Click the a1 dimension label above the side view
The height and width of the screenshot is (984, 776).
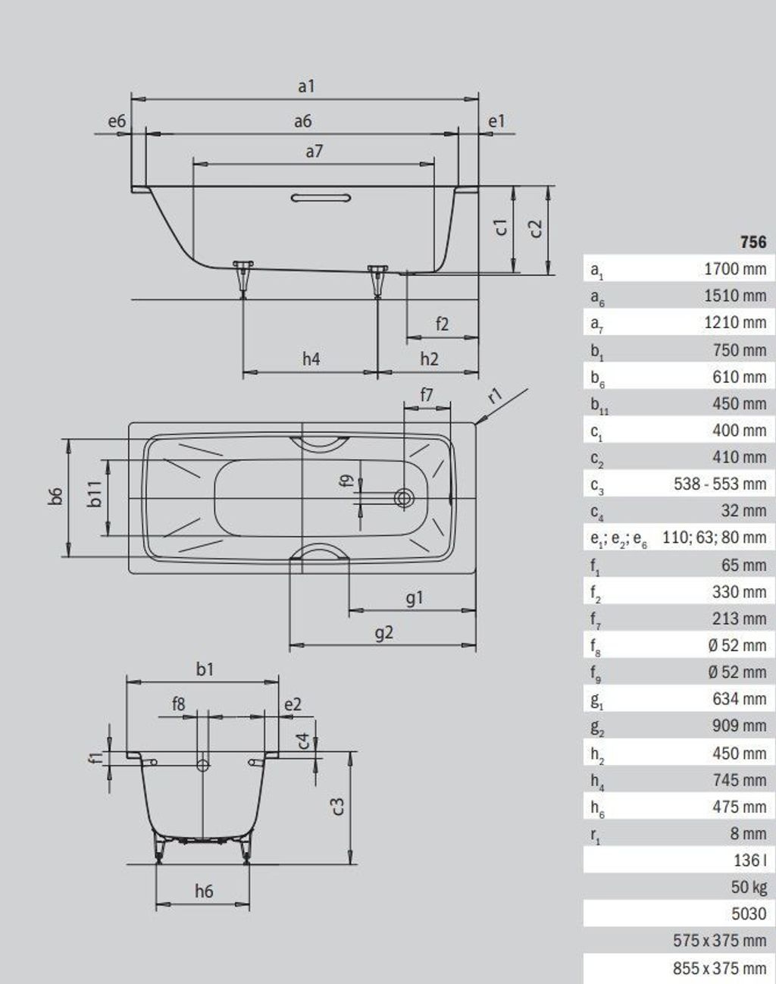306,86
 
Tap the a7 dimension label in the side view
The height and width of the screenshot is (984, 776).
314,151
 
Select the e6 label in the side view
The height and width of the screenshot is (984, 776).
117,121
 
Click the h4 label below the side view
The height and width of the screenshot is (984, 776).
311,359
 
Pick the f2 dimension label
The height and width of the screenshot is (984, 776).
442,324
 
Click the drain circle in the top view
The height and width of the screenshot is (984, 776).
405,497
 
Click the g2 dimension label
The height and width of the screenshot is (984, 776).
384,633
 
